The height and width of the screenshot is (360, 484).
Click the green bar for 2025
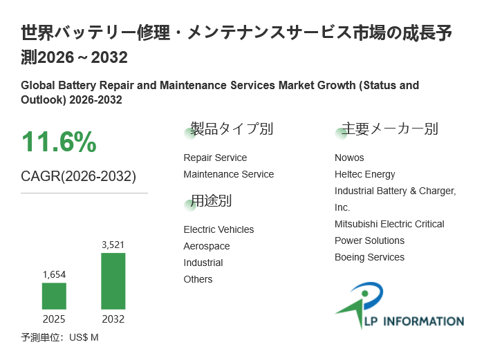(54, 296)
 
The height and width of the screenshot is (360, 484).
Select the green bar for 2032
(113, 281)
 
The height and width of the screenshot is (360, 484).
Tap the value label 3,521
(113, 245)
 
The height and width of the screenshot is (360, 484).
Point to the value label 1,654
(54, 274)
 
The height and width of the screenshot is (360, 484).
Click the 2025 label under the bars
(54, 319)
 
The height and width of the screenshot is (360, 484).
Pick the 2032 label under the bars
(113, 319)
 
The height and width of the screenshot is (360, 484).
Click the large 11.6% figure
(59, 142)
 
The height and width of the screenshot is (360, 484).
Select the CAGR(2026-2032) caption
(78, 176)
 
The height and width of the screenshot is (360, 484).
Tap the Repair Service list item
(215, 158)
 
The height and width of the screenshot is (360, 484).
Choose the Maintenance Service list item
(228, 174)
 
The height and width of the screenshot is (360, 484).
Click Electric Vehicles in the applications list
(218, 229)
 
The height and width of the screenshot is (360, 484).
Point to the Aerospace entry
(207, 246)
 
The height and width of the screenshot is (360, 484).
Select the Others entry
(198, 279)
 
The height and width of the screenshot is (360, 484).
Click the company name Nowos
(349, 158)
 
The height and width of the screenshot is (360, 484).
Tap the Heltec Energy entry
(365, 174)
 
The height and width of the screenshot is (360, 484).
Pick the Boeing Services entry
(369, 257)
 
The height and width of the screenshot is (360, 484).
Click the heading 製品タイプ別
(231, 129)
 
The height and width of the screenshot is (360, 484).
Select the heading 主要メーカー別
(390, 129)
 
